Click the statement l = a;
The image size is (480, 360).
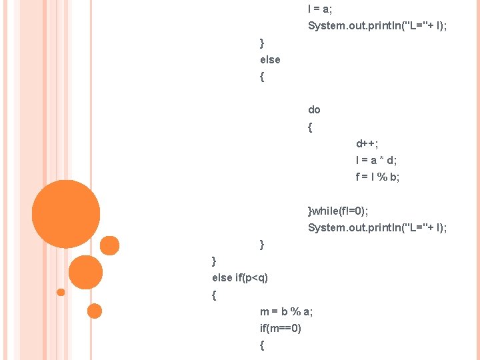point(320,9)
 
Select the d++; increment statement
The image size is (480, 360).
point(367,143)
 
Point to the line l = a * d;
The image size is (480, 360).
point(376,160)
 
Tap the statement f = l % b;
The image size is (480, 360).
point(377,177)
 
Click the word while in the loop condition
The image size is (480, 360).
point(325,211)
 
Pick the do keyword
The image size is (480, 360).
point(314,109)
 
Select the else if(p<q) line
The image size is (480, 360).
point(240,277)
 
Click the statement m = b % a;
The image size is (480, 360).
point(287,311)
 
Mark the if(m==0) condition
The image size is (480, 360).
point(281,328)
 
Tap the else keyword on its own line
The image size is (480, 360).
point(270,59)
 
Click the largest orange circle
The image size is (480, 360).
point(66,214)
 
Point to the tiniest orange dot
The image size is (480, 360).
point(61,292)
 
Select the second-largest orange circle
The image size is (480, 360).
point(85,272)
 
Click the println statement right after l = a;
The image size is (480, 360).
point(377,26)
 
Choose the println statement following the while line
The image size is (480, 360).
point(377,228)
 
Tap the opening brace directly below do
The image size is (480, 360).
point(310,127)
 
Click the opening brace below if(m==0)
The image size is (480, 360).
point(262,345)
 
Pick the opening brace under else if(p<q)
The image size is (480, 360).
point(214,295)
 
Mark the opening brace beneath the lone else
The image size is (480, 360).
point(262,77)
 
